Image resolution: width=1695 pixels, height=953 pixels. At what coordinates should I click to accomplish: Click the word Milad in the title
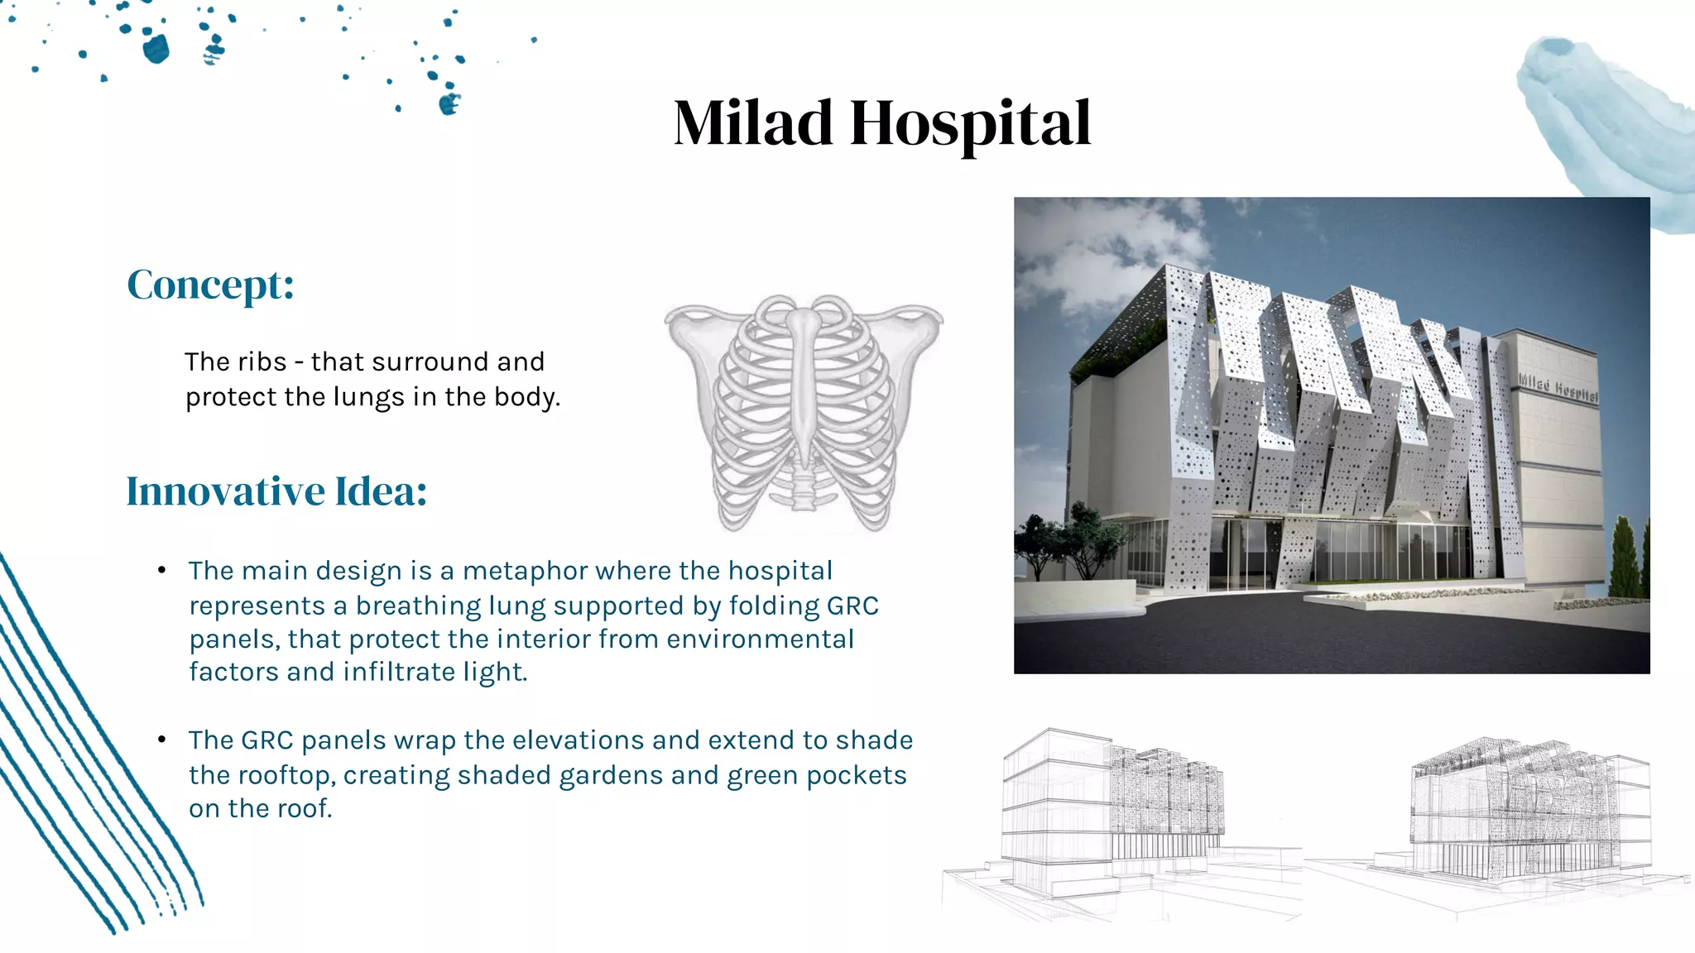point(752,123)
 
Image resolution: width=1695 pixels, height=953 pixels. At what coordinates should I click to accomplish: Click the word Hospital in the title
point(970,123)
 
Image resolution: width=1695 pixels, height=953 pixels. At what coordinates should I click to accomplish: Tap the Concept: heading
point(210,285)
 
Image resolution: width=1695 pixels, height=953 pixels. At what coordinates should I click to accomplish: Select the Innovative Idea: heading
point(276,491)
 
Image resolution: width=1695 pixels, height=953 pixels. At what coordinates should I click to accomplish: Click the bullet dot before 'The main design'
point(162,570)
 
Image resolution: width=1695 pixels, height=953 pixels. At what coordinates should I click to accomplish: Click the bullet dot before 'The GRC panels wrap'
point(162,739)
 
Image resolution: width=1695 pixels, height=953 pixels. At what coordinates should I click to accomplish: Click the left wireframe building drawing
point(1109,819)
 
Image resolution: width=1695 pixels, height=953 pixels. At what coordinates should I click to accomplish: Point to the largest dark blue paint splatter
point(156,49)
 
